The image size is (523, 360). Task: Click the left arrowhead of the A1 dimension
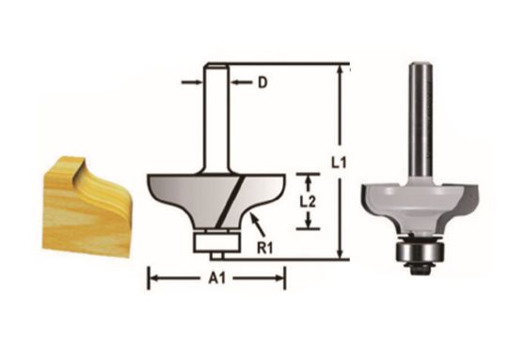(151, 277)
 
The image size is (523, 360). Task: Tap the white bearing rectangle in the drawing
(215, 239)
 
